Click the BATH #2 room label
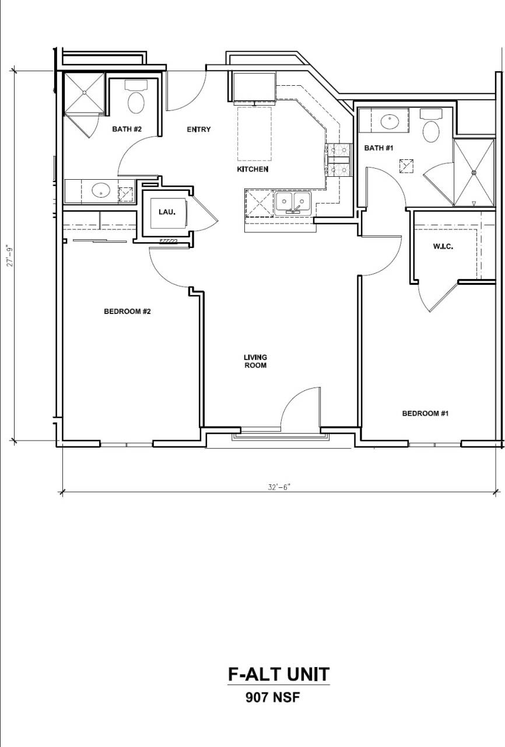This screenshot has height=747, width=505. click(x=127, y=130)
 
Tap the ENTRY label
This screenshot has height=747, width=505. click(x=198, y=130)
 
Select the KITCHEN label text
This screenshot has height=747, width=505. click(x=253, y=169)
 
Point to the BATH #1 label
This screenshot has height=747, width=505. click(x=378, y=148)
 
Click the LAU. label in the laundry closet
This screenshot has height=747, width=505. click(x=166, y=211)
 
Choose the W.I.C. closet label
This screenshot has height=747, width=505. click(x=443, y=247)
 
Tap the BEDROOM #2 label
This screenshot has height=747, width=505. click(x=127, y=312)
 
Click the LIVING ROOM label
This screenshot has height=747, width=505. click(x=255, y=361)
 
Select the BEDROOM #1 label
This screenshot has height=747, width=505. click(x=425, y=414)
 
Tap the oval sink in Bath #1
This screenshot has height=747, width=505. click(x=389, y=122)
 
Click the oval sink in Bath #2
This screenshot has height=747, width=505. click(x=101, y=190)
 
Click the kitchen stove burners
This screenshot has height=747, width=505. click(x=338, y=160)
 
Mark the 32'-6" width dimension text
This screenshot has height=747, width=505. click(x=279, y=487)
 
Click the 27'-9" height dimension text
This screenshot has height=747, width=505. click(x=10, y=256)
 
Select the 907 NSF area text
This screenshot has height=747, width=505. click(x=272, y=697)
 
